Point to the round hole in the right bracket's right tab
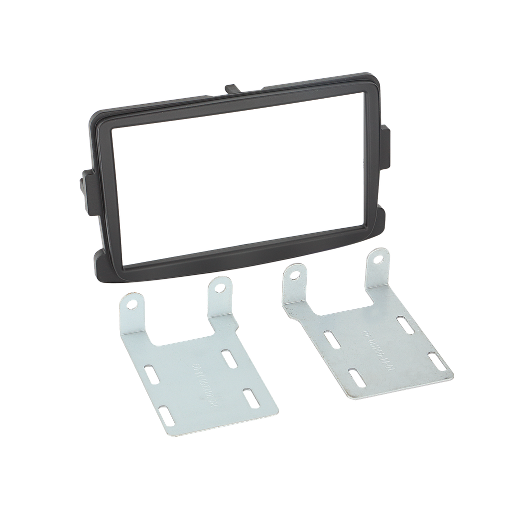380,259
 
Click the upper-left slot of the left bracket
151,375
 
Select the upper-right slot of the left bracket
229,358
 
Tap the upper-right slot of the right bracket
404,324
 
